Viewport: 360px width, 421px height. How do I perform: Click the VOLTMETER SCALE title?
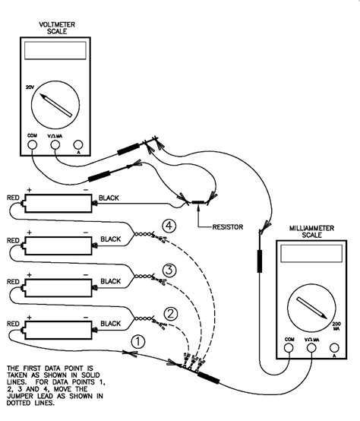tap(58, 28)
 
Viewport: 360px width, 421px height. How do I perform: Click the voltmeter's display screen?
tap(57, 52)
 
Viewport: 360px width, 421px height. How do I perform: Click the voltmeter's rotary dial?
tap(58, 103)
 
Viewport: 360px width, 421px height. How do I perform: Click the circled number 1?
tap(137, 341)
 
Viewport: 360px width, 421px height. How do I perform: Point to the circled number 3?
tap(170, 270)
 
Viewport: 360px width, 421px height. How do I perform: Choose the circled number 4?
tap(170, 226)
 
